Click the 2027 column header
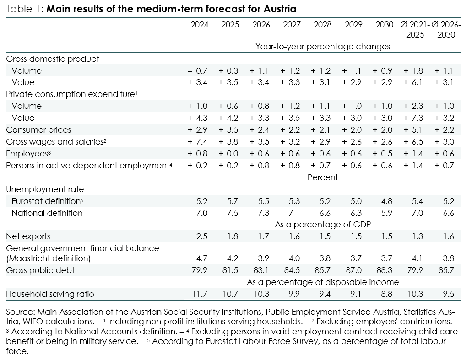(x=292, y=25)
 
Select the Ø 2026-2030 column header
(x=446, y=30)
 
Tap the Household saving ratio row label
(x=50, y=294)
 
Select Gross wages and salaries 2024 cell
(x=198, y=142)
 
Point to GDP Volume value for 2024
(x=198, y=71)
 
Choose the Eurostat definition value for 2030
(x=384, y=201)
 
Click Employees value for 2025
(x=229, y=154)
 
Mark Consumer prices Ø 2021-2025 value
(x=414, y=130)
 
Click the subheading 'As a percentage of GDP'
(x=322, y=225)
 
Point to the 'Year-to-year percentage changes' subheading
(x=322, y=47)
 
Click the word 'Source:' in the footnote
(x=20, y=312)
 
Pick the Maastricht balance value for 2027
(x=291, y=258)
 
